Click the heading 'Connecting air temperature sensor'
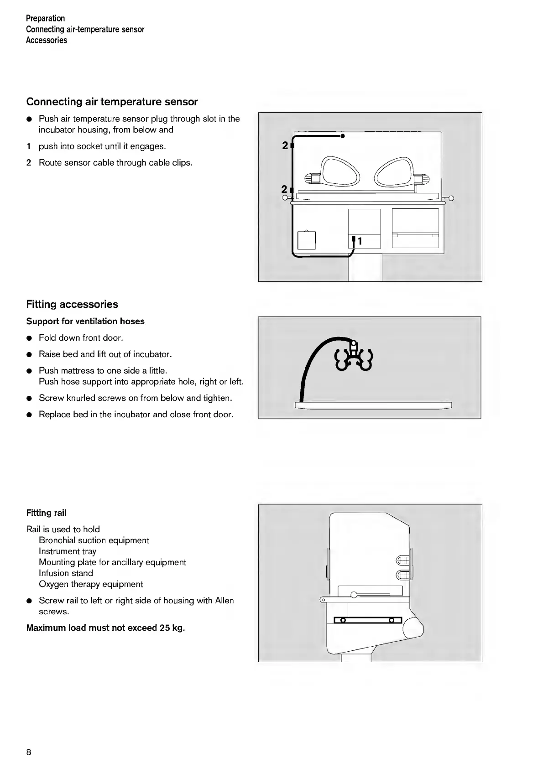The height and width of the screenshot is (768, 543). pyautogui.click(x=112, y=102)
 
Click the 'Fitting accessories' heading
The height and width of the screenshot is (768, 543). pyautogui.click(x=72, y=304)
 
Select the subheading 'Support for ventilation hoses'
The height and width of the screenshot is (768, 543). pyautogui.click(x=85, y=322)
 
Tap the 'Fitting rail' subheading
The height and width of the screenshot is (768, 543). pyautogui.click(x=46, y=513)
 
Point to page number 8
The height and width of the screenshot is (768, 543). pyautogui.click(x=29, y=752)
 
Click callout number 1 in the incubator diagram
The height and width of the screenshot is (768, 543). pyautogui.click(x=360, y=241)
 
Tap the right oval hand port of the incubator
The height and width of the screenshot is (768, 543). pyautogui.click(x=394, y=171)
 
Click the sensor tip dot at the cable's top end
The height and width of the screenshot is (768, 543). pyautogui.click(x=342, y=136)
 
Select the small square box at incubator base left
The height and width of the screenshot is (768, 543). pyautogui.click(x=306, y=240)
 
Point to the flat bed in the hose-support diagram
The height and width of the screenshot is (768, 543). pyautogui.click(x=373, y=405)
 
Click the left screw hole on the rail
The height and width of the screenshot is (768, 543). pyautogui.click(x=343, y=620)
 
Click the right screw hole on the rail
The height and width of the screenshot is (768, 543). pyautogui.click(x=392, y=620)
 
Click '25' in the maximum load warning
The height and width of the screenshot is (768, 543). pyautogui.click(x=165, y=628)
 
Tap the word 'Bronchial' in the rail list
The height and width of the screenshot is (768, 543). pyautogui.click(x=57, y=540)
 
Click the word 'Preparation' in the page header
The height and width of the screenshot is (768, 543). pyautogui.click(x=46, y=18)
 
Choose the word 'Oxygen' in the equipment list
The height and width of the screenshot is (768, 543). pyautogui.click(x=53, y=584)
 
